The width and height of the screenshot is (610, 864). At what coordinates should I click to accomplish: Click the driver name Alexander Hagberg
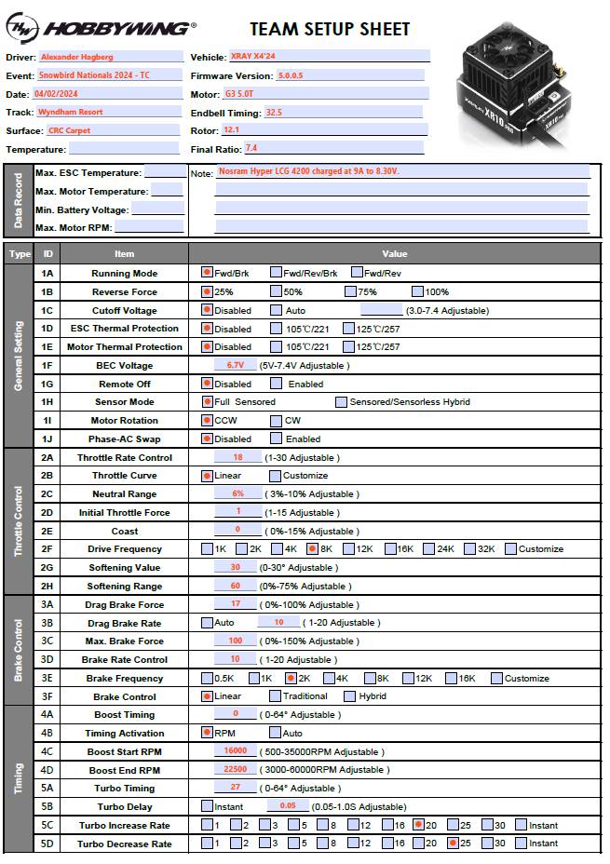coord(78,57)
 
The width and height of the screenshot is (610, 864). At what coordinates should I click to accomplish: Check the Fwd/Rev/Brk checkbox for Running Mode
coord(276,273)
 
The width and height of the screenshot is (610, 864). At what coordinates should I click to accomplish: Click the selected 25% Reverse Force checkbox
coord(208,291)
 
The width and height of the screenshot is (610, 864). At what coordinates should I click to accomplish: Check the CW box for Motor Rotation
coord(277,420)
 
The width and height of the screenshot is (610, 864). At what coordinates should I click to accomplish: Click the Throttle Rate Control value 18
coord(238,457)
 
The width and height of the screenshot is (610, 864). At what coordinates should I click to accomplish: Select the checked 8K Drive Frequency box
coord(312,548)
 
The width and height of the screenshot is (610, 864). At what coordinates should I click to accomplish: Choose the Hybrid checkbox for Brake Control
coord(350,695)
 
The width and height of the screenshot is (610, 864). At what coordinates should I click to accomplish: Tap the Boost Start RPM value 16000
coord(236,750)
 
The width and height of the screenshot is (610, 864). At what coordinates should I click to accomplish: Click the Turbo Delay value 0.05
coord(288,805)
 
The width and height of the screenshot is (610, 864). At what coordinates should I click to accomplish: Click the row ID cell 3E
coord(48,678)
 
